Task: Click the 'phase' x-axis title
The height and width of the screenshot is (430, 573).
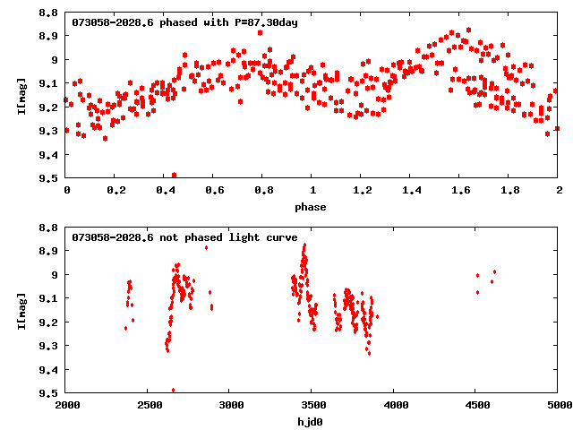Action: coord(312,206)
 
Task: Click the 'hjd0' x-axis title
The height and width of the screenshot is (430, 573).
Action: coord(312,421)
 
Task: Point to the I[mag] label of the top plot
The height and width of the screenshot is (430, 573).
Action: coord(23,94)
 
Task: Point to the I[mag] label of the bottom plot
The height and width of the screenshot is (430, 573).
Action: coord(23,310)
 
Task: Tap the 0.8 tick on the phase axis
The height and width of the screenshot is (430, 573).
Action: coord(263,191)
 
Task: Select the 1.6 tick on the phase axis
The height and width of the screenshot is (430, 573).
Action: coord(460,191)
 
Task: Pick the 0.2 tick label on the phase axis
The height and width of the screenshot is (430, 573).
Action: coord(115,191)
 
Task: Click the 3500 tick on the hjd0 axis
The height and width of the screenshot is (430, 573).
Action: coord(394,406)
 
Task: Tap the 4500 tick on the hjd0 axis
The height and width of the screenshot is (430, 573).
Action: coord(476,406)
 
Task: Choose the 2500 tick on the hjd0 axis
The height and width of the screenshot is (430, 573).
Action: coord(149,406)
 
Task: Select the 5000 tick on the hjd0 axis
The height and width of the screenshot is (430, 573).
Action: coord(558,406)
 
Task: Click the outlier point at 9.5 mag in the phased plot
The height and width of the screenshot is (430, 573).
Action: coord(174,175)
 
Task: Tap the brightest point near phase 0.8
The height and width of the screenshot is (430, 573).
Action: coord(260,32)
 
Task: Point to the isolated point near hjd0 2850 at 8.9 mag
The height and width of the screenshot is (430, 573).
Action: coord(207,247)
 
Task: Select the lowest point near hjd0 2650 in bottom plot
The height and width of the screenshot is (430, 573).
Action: coord(173,390)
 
